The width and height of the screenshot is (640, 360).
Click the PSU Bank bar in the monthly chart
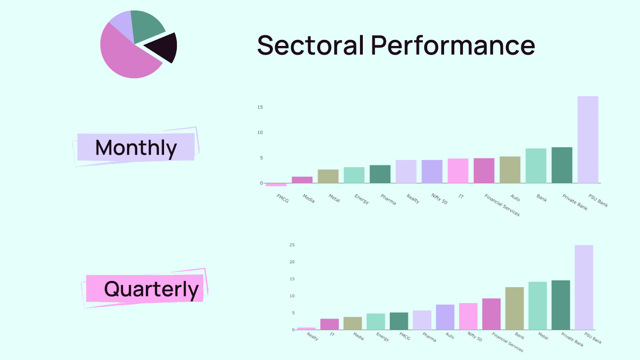point(588,140)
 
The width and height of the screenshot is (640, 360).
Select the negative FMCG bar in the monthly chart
point(276,184)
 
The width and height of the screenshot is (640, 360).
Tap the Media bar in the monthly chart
point(302,180)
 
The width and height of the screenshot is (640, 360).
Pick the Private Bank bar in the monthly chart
point(562,165)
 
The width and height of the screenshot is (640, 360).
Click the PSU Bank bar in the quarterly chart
point(584,288)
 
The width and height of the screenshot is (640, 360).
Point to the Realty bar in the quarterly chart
point(306,328)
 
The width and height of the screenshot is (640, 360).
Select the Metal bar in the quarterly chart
point(538,306)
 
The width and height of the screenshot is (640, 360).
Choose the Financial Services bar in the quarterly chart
point(492,314)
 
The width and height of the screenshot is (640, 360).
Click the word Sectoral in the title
point(310,45)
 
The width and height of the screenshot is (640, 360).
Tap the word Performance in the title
point(453,45)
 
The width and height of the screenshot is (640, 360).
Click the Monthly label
point(136,148)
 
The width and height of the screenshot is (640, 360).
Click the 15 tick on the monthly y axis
point(260,107)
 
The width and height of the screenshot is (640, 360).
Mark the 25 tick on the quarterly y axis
point(292,245)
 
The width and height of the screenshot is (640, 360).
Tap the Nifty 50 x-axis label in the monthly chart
point(439,198)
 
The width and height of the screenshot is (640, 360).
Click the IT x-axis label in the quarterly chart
point(332,334)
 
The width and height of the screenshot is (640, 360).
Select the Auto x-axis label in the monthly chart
point(515,198)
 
